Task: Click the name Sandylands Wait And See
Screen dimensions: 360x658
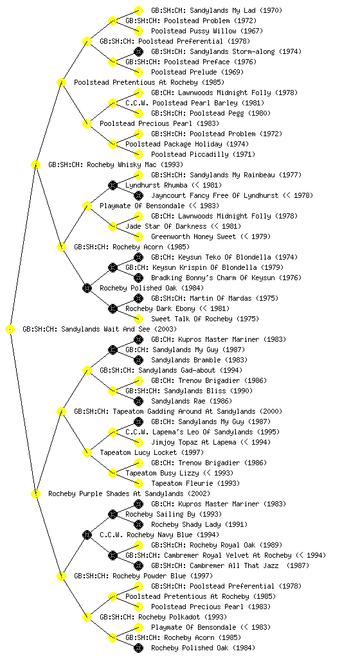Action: pyautogui.click(x=105, y=330)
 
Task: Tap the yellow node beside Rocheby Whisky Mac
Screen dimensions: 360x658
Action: pyautogui.click(x=35, y=165)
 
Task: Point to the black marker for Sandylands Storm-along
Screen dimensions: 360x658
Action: pyautogui.click(x=138, y=51)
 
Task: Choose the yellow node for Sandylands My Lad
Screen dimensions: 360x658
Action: pyautogui.click(x=138, y=10)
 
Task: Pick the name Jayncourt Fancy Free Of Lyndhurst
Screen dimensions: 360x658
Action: pyautogui.click(x=215, y=195)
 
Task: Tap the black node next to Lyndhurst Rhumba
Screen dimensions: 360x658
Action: pyautogui.click(x=113, y=185)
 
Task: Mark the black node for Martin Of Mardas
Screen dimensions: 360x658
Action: pyautogui.click(x=138, y=298)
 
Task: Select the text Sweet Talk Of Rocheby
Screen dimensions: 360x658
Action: pyautogui.click(x=192, y=319)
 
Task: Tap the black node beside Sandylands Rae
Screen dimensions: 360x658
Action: pyautogui.click(x=138, y=401)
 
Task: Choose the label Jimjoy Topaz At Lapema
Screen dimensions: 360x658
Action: pyautogui.click(x=194, y=442)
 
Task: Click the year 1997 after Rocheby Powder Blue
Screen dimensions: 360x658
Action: pyautogui.click(x=202, y=576)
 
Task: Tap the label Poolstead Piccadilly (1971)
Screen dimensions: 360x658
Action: pyautogui.click(x=203, y=154)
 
